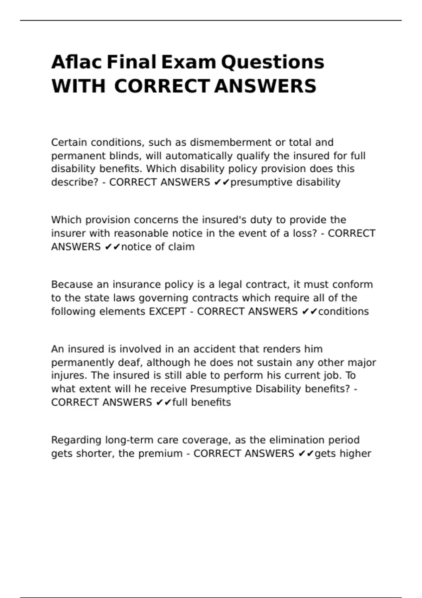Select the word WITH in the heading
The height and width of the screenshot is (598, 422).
78,87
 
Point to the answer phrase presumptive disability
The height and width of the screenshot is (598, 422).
285,182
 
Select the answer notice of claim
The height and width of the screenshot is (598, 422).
158,247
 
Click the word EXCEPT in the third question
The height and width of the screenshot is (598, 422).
167,312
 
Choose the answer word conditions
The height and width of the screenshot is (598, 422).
343,312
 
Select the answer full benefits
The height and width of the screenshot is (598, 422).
202,402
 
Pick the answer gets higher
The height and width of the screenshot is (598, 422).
343,454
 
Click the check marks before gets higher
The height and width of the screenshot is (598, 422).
306,454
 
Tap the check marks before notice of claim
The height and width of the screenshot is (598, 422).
113,247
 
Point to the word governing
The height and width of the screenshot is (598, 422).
164,298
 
